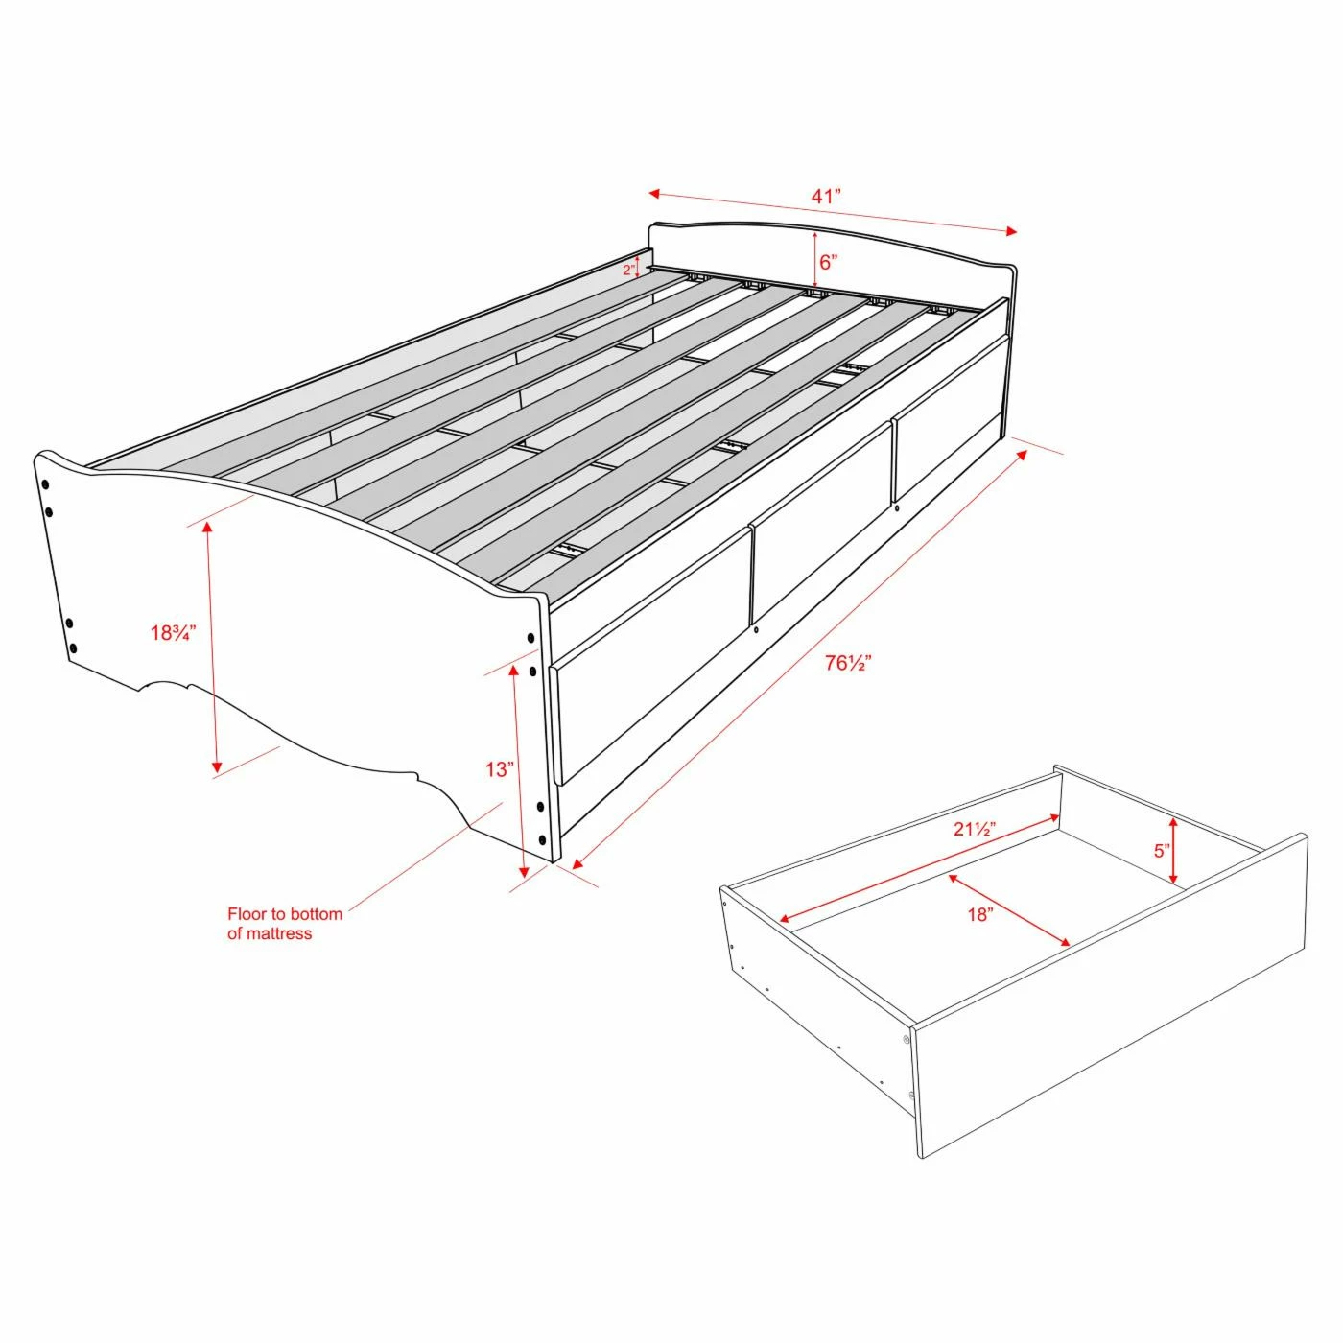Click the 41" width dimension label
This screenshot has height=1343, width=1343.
click(826, 197)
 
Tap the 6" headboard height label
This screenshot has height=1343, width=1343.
click(828, 263)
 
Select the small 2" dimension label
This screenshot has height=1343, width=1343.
click(628, 270)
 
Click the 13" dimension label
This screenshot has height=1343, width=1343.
click(500, 769)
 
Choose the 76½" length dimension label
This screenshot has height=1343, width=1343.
click(848, 663)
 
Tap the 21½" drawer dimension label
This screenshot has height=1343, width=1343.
click(975, 830)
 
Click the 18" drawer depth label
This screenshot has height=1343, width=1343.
click(979, 915)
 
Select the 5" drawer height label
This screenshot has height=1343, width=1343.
click(1162, 851)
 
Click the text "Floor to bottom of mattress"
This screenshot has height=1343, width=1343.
click(284, 924)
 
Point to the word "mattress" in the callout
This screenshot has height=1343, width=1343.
click(279, 934)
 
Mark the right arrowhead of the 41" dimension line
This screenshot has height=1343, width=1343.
click(1011, 231)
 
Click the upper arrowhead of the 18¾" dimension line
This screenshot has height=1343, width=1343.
click(207, 528)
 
